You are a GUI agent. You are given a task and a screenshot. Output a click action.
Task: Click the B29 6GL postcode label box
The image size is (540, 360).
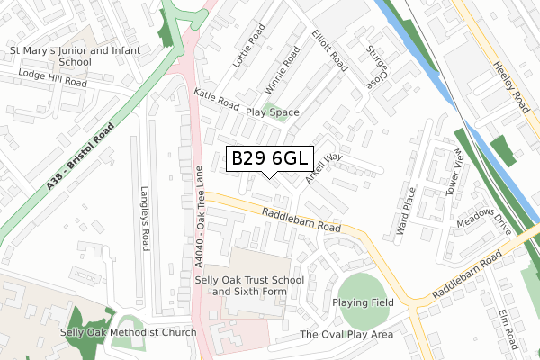click(270, 159)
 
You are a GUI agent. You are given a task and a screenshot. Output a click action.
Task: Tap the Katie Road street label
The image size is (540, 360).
click(216, 99)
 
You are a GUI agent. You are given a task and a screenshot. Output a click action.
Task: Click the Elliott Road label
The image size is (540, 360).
click(329, 49)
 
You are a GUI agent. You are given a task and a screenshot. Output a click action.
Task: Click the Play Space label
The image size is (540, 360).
click(272, 112)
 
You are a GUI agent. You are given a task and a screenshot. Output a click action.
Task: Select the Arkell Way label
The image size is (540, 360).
click(324, 167)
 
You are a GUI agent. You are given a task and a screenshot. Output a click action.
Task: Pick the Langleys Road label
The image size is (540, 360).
click(144, 219)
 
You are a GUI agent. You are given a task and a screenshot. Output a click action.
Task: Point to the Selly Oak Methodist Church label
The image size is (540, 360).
click(128, 333)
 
